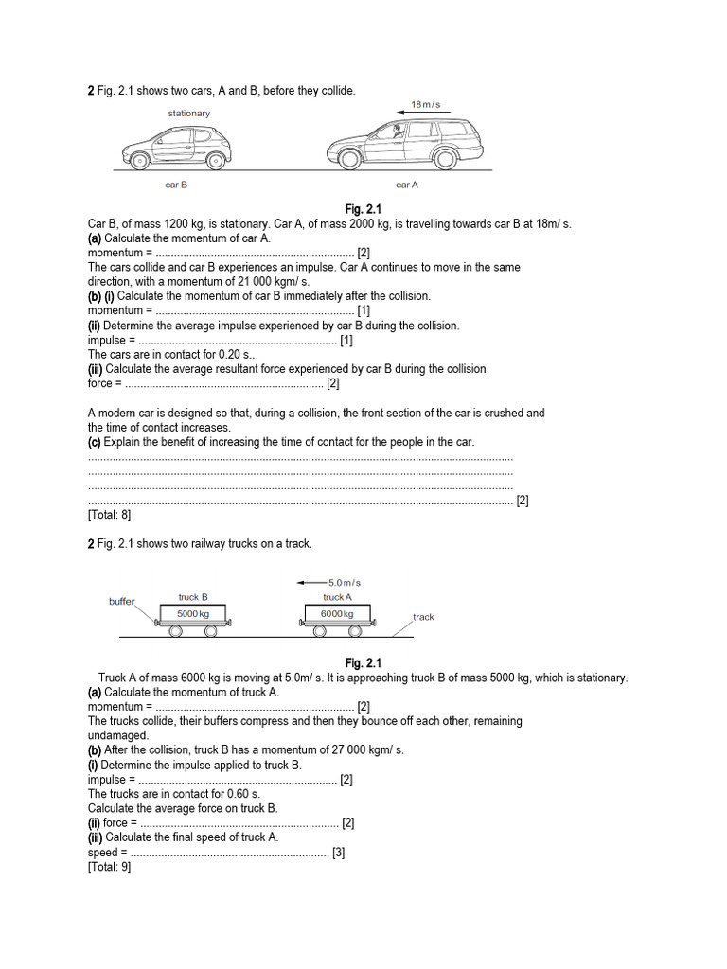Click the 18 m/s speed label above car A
pyautogui.click(x=425, y=104)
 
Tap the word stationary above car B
pyautogui.click(x=189, y=114)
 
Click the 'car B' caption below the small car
pyautogui.click(x=177, y=185)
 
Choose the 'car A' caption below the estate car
pyautogui.click(x=407, y=185)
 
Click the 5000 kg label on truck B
pyautogui.click(x=192, y=614)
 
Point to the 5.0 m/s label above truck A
pyautogui.click(x=345, y=583)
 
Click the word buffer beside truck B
pyautogui.click(x=122, y=601)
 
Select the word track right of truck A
pyautogui.click(x=423, y=617)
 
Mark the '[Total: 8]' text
pyautogui.click(x=109, y=515)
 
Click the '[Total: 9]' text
pyautogui.click(x=109, y=867)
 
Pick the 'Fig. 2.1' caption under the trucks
pyautogui.click(x=363, y=662)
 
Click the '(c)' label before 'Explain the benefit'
pyautogui.click(x=95, y=442)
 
